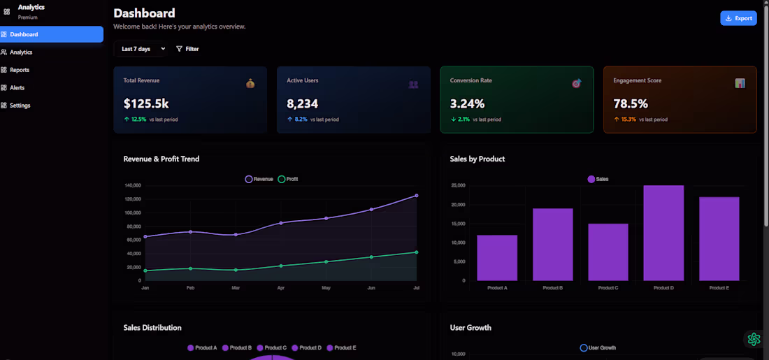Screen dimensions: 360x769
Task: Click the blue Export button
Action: coord(738,18)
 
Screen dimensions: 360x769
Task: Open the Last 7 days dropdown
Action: coord(143,49)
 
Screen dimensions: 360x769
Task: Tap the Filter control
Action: coord(187,49)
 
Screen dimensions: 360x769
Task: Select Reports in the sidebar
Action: coord(20,70)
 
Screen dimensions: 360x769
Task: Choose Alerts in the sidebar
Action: coord(18,87)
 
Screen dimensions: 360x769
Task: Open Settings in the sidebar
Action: coord(20,106)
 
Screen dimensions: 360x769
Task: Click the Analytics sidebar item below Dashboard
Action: coord(21,52)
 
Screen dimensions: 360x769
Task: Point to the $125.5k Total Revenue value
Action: coord(146,104)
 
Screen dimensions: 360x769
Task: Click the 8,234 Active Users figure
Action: coord(302,104)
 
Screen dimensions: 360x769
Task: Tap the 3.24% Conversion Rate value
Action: coord(467,104)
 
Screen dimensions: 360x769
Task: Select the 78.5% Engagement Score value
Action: coord(631,104)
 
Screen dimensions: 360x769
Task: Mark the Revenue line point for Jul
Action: coord(417,196)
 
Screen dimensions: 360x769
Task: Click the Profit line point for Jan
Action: coord(145,271)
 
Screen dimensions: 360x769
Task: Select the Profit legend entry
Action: coord(287,180)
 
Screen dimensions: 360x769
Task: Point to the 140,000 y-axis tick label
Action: coord(133,185)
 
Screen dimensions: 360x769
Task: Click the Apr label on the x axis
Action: coord(281,288)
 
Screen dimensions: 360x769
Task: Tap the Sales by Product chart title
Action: coord(477,159)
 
